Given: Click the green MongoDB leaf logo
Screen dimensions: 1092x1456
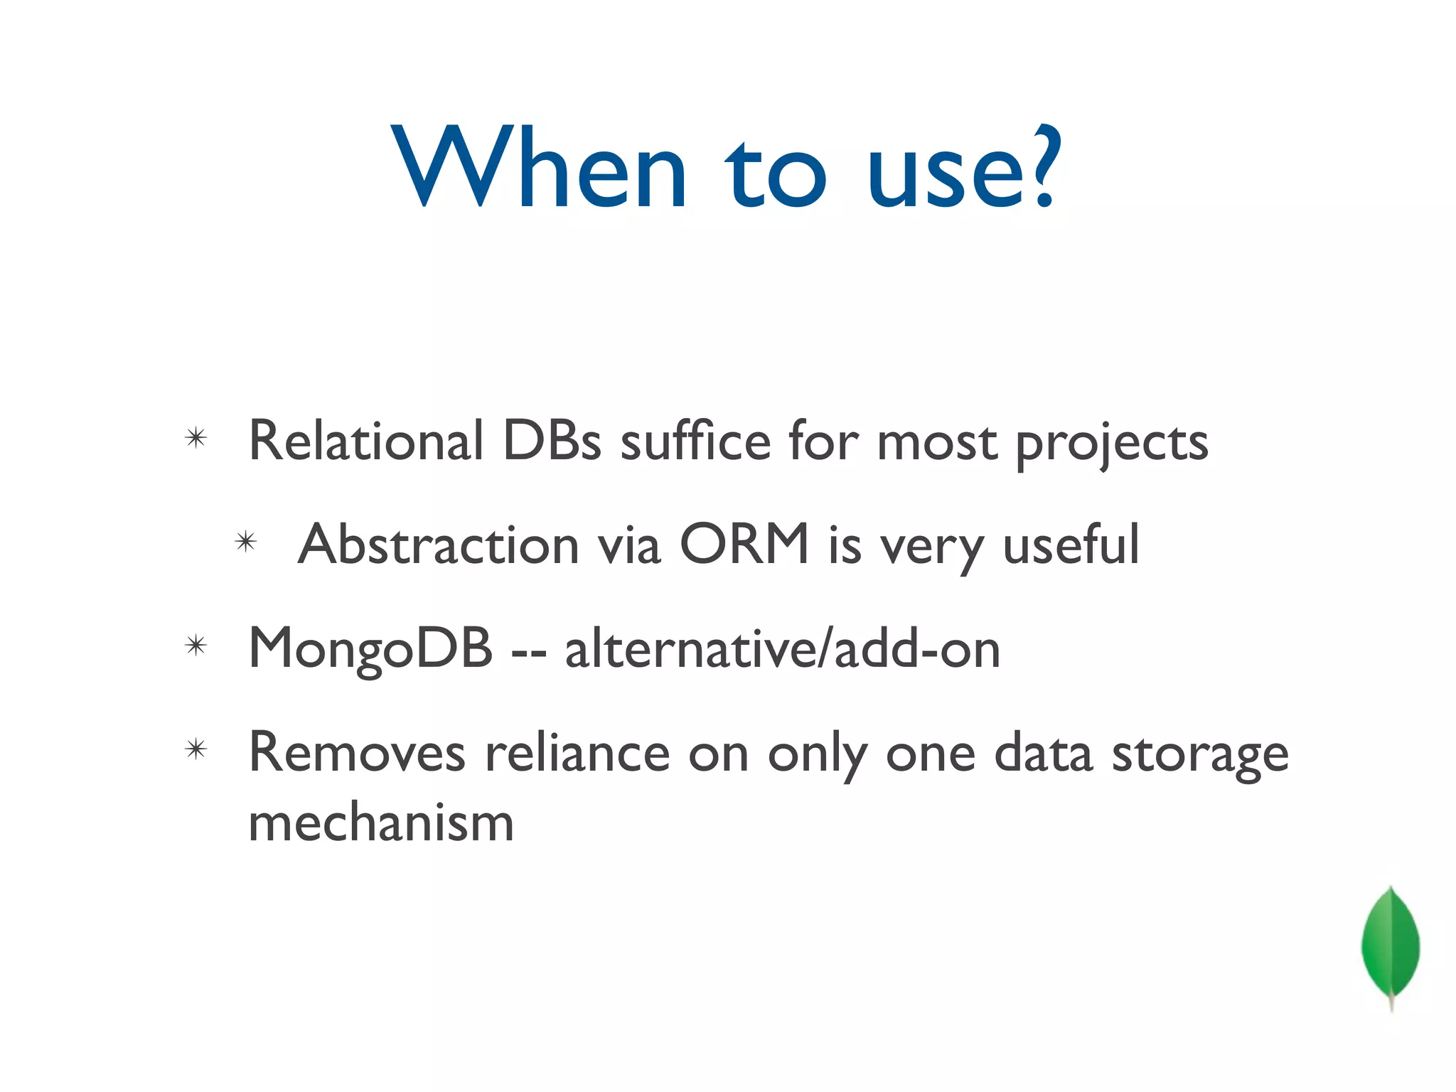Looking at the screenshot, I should click(1390, 946).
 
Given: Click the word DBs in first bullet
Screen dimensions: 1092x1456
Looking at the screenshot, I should click(552, 441).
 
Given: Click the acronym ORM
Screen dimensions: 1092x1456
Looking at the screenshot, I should click(744, 545).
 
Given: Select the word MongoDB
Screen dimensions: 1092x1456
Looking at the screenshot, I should click(370, 649).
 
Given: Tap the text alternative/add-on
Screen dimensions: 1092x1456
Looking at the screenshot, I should click(782, 649).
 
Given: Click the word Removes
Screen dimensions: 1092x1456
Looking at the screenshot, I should click(357, 753).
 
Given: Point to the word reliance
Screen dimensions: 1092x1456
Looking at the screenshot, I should click(577, 753).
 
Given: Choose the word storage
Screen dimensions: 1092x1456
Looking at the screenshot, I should click(1199, 755).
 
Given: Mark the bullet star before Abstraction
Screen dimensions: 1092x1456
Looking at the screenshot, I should click(245, 542).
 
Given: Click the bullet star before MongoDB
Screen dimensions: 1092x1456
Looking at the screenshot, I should click(196, 646).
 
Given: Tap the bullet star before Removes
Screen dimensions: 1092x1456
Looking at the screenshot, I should click(196, 749).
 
